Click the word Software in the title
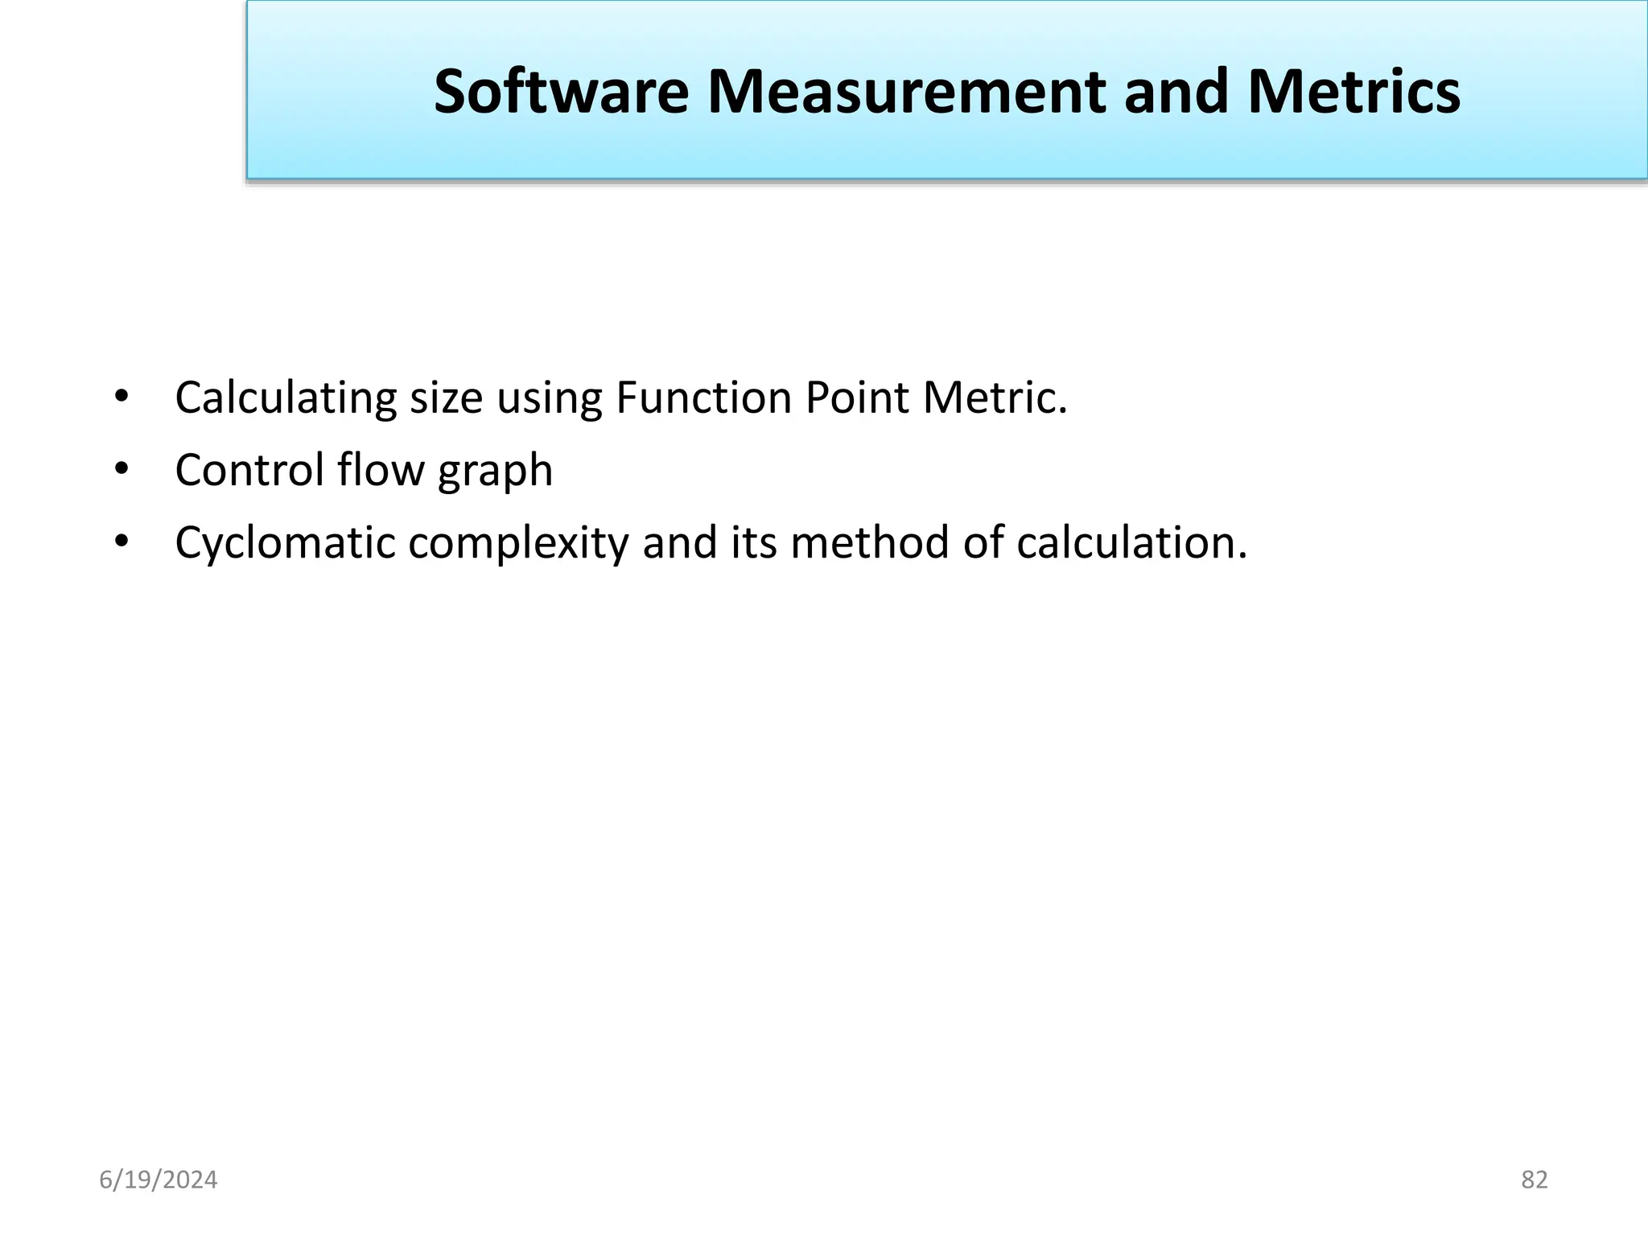point(561,92)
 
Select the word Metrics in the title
point(1353,92)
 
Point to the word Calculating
point(286,398)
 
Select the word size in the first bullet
point(447,398)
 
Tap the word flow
point(381,470)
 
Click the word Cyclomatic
point(285,543)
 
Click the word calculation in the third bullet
point(1131,543)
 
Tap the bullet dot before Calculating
point(122,397)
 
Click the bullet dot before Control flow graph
point(122,469)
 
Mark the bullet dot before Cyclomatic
point(122,542)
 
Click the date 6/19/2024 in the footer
point(159,1180)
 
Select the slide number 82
point(1535,1180)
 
